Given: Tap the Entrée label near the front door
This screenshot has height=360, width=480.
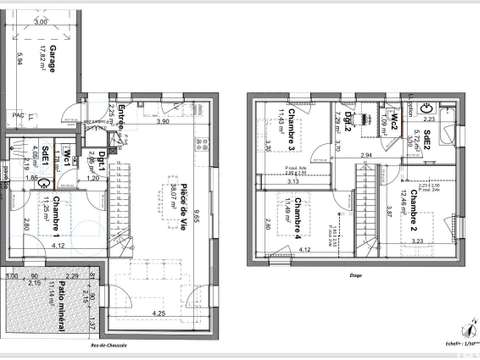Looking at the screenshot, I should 121,112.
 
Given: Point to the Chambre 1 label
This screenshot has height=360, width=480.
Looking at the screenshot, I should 59,212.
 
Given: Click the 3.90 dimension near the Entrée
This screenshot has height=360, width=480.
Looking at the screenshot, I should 163,122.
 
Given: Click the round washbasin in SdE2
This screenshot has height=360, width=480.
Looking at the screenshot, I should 425,105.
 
